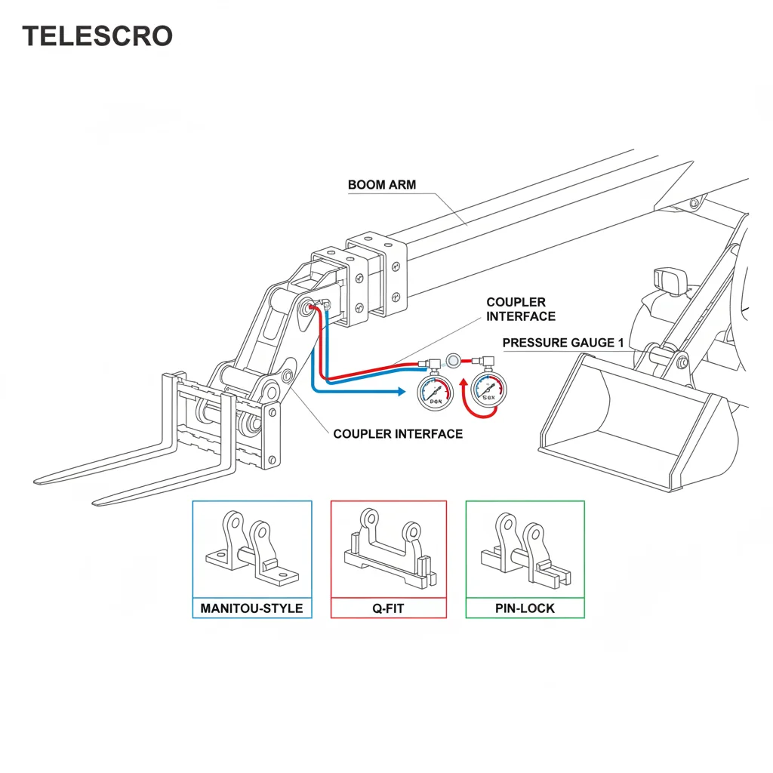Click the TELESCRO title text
pyautogui.click(x=97, y=35)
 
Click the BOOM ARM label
pyautogui.click(x=382, y=184)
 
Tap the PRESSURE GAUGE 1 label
pyautogui.click(x=563, y=343)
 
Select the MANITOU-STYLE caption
pyautogui.click(x=252, y=608)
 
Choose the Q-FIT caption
pyautogui.click(x=389, y=608)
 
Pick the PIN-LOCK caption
pyautogui.click(x=525, y=608)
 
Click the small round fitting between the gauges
pyautogui.click(x=454, y=361)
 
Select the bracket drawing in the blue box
pyautogui.click(x=252, y=551)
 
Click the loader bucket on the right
pyautogui.click(x=634, y=423)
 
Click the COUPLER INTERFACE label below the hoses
pyautogui.click(x=398, y=433)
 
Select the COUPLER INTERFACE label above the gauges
pyautogui.click(x=520, y=309)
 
